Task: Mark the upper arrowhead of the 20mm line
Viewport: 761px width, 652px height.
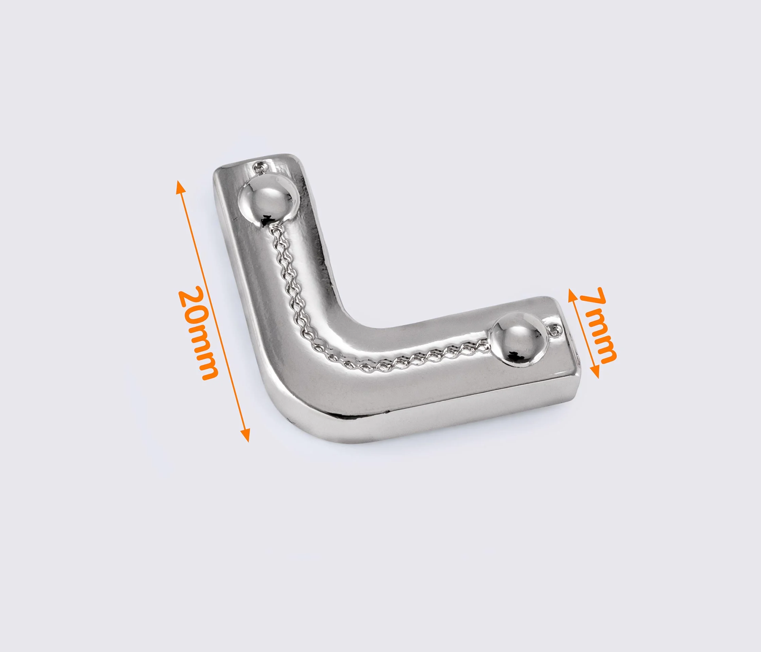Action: pos(180,187)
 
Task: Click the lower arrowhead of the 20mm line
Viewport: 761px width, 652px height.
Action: pos(246,435)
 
